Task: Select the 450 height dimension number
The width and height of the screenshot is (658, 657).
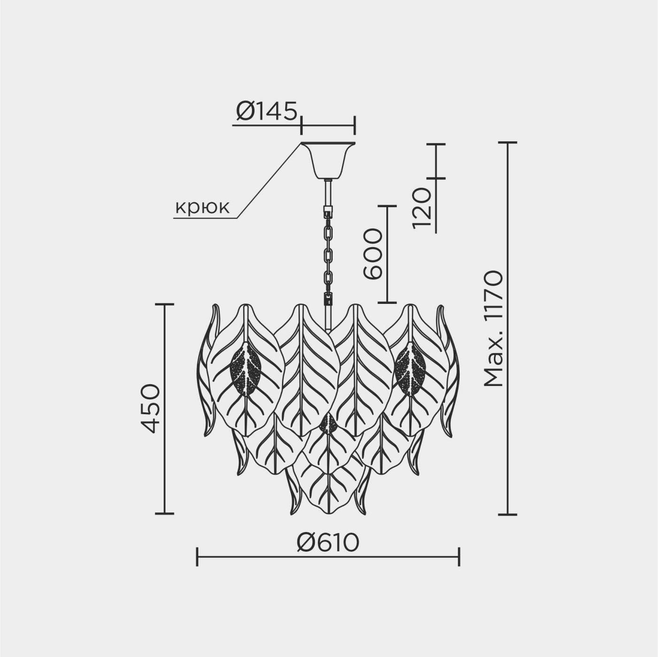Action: tap(150, 408)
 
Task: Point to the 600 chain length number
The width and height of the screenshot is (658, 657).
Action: tap(372, 254)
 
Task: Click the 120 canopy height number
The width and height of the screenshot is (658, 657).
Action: tap(422, 208)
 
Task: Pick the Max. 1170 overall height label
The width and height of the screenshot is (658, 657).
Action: tap(493, 329)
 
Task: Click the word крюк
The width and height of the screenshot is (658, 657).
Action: tap(203, 207)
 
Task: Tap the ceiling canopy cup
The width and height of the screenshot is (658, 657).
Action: tap(328, 161)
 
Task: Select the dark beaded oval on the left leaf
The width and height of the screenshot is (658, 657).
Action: tap(246, 369)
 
